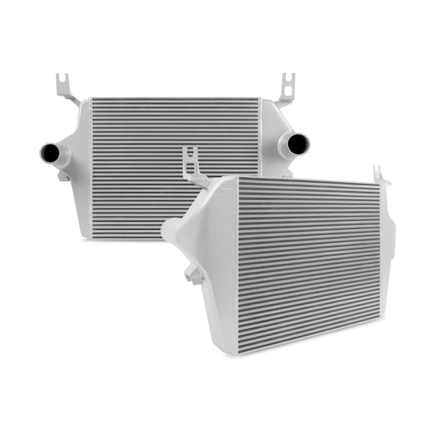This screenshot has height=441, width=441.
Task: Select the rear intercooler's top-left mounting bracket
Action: (x=67, y=89)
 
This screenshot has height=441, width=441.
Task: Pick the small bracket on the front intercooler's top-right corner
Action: (x=381, y=175)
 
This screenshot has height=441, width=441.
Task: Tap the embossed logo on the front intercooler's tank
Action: (x=224, y=189)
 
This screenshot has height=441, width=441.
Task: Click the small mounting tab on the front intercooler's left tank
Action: (x=195, y=276)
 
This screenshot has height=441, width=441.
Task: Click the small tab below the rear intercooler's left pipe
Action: (x=63, y=175)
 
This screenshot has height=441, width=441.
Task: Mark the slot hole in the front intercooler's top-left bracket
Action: (x=193, y=157)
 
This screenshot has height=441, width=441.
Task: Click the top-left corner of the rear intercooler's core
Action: (x=91, y=101)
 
